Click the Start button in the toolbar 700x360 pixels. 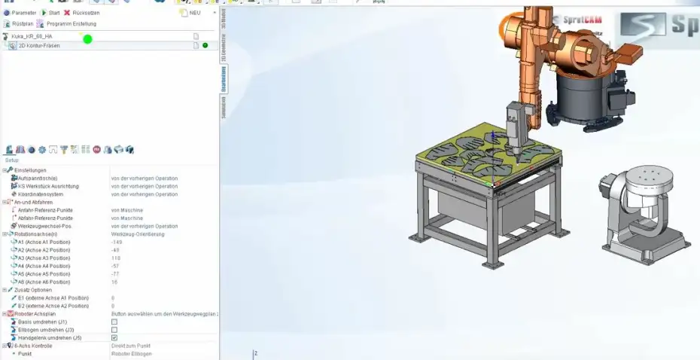(x=50, y=13)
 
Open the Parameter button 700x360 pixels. (x=20, y=13)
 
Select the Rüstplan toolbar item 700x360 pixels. (x=20, y=24)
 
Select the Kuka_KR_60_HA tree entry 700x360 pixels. (x=32, y=36)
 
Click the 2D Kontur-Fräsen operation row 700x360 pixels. (x=39, y=46)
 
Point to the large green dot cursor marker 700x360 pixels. (x=87, y=38)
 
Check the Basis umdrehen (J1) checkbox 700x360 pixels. (x=114, y=322)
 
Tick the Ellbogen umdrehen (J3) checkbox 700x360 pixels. (x=114, y=330)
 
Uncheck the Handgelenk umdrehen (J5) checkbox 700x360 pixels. (x=114, y=338)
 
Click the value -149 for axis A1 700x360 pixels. (x=117, y=243)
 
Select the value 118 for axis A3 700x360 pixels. (x=116, y=258)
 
